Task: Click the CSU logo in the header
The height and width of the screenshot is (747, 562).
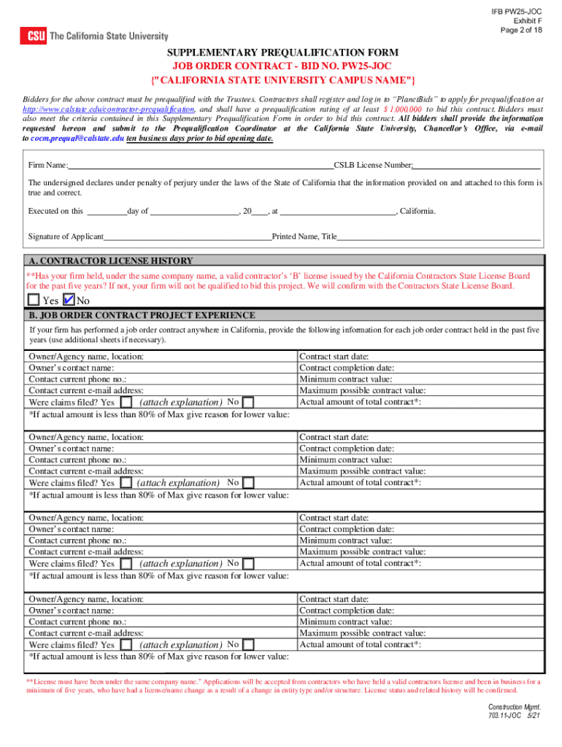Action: pos(34,36)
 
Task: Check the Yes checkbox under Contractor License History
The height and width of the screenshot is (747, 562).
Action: pos(34,300)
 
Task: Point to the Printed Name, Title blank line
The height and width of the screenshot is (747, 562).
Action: pos(439,236)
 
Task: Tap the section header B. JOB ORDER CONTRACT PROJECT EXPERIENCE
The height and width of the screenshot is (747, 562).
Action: pos(142,315)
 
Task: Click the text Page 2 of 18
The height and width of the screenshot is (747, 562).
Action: pos(521,30)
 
